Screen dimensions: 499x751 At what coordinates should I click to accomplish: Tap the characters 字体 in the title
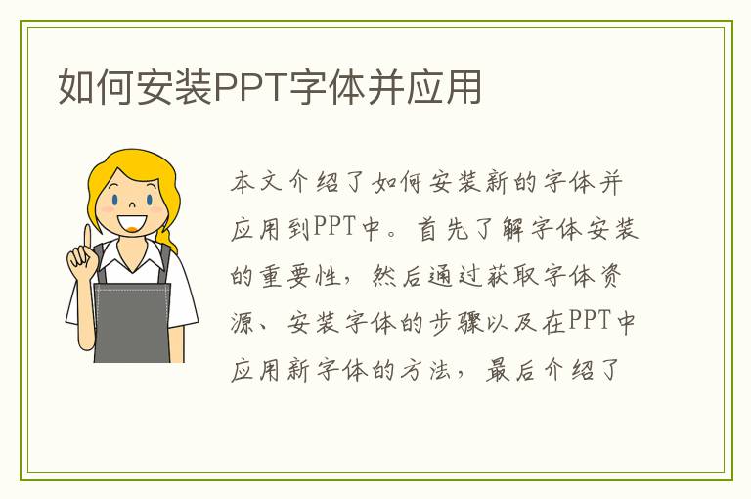tap(322, 87)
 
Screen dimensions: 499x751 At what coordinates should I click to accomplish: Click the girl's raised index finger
tap(87, 238)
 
